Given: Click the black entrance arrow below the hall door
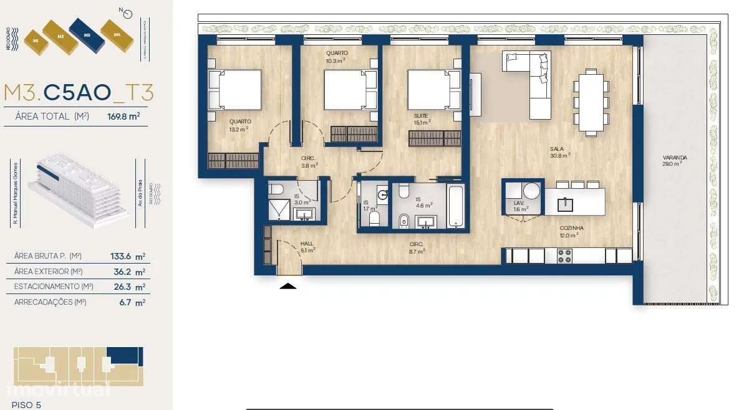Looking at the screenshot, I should pos(288,286).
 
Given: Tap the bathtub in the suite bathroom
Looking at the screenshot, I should pos(456,205).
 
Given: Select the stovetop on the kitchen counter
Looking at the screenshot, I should pos(564,255).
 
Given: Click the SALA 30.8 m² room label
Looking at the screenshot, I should pos(560,151).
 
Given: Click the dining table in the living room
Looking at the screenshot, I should pos(591,102).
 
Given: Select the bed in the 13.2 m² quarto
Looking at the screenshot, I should pos(235,90).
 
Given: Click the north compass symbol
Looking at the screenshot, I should pos(128,14).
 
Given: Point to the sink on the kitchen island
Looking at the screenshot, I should pos(564,204).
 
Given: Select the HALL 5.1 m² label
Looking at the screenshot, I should pos(307,247).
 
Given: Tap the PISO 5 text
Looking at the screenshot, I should pos(26,404).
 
